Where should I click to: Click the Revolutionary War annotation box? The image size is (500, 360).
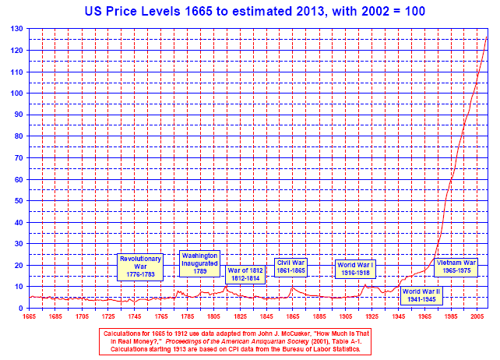140,266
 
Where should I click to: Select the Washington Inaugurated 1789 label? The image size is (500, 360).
199,263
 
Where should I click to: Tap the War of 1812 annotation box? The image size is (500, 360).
245,274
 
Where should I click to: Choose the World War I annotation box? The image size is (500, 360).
356,269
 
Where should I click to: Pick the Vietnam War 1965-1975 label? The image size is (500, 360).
456,266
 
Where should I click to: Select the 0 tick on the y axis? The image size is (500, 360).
21,309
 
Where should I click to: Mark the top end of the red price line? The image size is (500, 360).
488,34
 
